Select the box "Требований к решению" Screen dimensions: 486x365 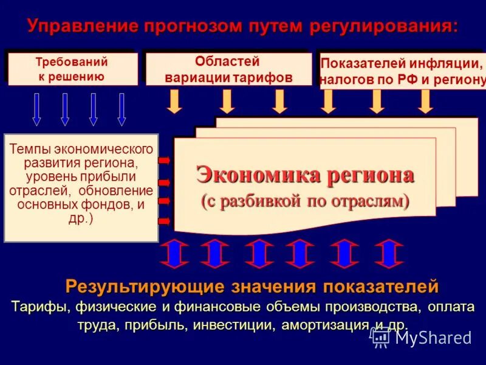(x=71, y=69)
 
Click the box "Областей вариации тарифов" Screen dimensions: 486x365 (x=228, y=69)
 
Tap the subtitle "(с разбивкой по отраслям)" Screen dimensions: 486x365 (x=305, y=200)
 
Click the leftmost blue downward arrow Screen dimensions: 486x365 (x=36, y=109)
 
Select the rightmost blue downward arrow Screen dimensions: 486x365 (x=122, y=109)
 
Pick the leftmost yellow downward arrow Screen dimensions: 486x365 (x=175, y=101)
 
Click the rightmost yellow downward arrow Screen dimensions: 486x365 (x=425, y=101)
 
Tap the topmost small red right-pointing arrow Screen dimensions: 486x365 (x=164, y=160)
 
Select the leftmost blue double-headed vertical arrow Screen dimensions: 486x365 (x=174, y=253)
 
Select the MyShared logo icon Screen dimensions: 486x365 (x=381, y=337)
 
